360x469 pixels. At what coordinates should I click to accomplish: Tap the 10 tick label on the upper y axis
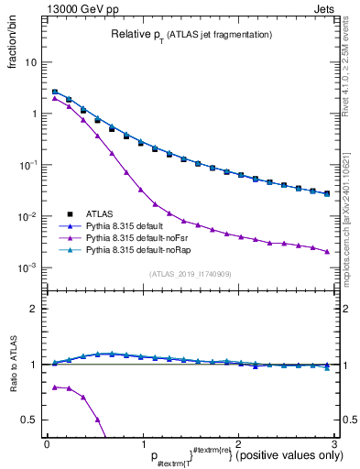[30, 63]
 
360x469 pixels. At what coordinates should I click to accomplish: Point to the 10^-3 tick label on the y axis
[27, 268]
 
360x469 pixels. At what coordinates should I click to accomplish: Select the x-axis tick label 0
[47, 443]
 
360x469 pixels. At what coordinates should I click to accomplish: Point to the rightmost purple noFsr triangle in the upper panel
[326, 251]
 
